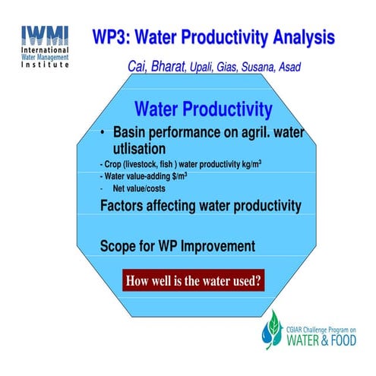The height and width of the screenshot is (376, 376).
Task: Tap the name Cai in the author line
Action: [141, 67]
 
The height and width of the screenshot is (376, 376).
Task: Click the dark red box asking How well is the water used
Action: [194, 280]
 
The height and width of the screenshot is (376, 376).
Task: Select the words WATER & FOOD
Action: [318, 337]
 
